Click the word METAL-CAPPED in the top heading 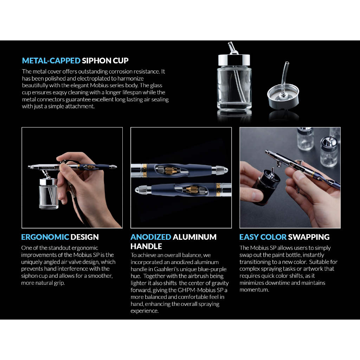(x=51, y=60)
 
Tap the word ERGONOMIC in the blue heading (x=45, y=237)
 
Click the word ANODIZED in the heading (x=151, y=237)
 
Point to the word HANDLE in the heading (x=146, y=246)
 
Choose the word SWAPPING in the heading (x=309, y=237)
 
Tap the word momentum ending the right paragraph (x=254, y=290)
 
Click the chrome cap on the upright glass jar (x=234, y=60)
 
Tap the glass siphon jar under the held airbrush (x=48, y=194)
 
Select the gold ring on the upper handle (x=144, y=171)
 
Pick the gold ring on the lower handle (x=218, y=189)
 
